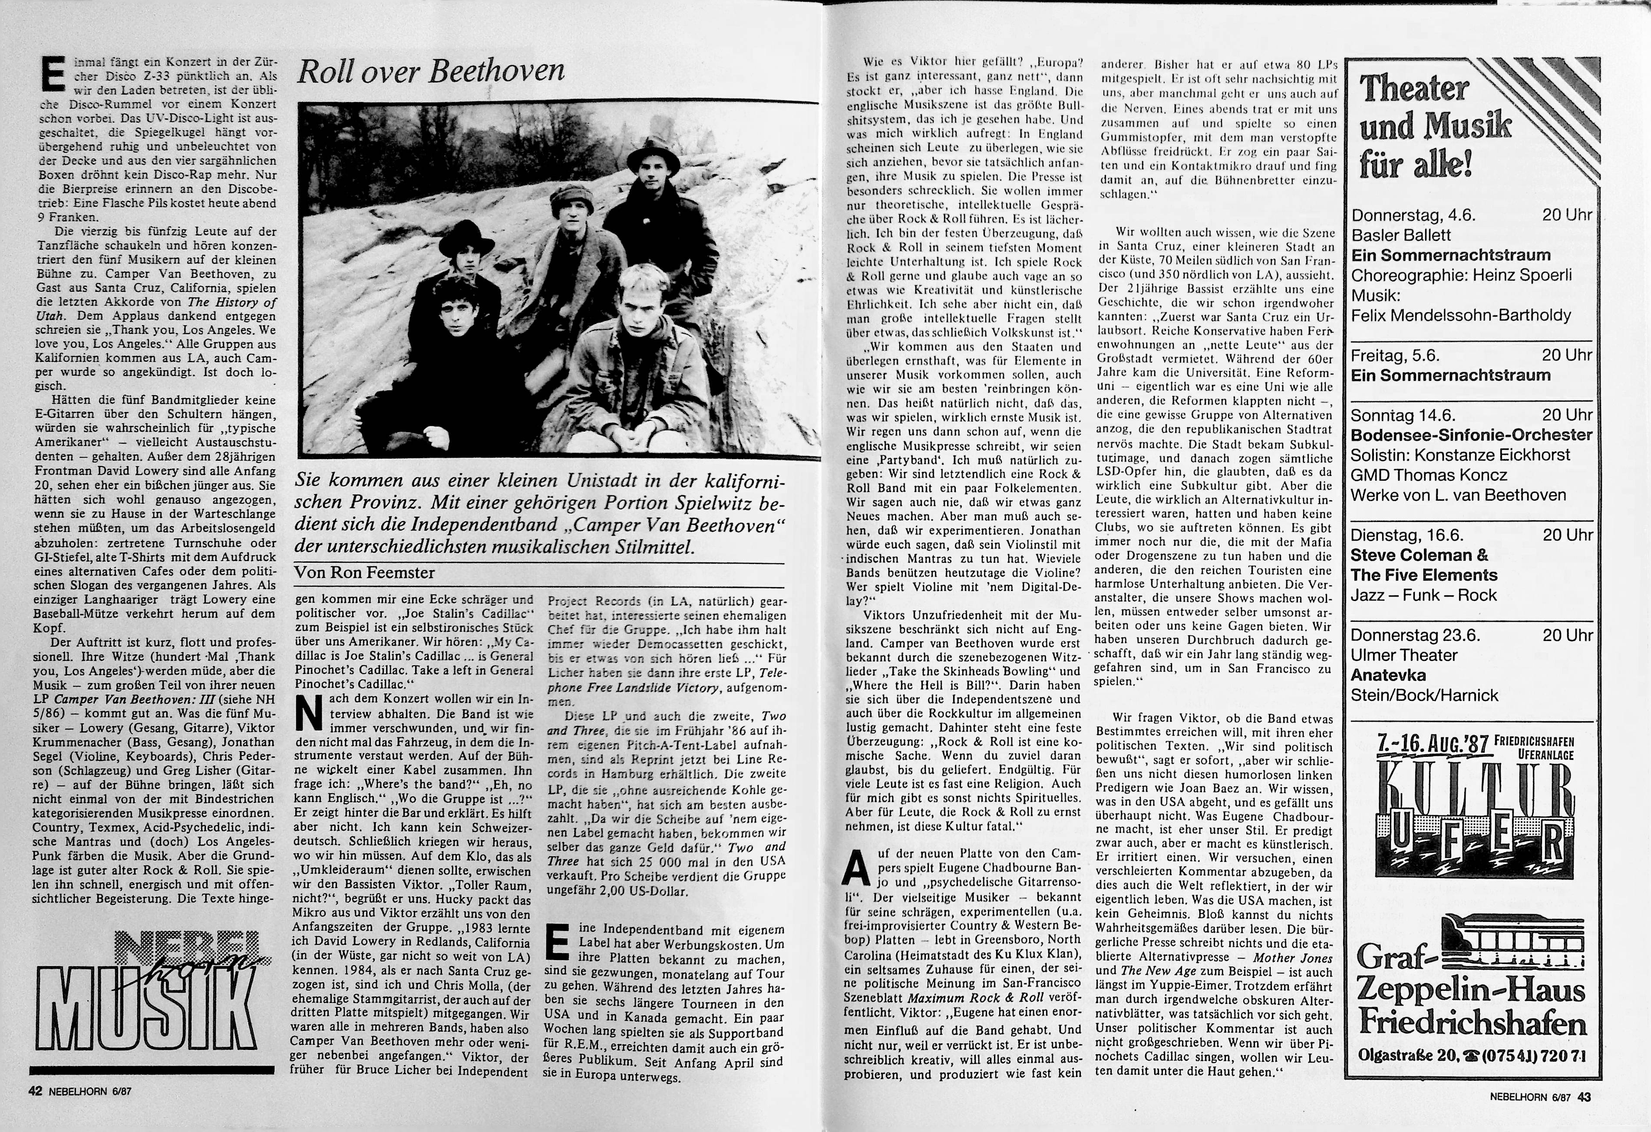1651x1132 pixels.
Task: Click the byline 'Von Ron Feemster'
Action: pos(364,572)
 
